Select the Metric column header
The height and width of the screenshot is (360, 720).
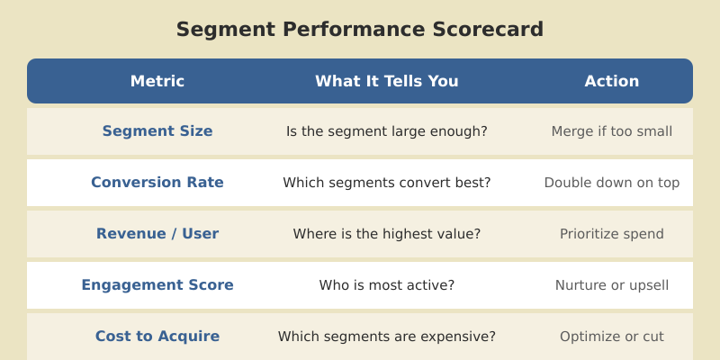[157, 81]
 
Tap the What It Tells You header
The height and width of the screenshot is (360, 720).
[387, 81]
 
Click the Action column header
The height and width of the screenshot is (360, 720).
[612, 81]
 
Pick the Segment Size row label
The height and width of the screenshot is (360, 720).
[157, 131]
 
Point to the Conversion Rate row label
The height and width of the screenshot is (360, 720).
[157, 183]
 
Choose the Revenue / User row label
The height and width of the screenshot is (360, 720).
[157, 234]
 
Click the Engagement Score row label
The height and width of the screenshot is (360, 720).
[157, 285]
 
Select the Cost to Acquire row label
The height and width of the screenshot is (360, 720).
[157, 337]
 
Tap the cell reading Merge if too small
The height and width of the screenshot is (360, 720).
[612, 131]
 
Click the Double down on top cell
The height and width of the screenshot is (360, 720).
[612, 183]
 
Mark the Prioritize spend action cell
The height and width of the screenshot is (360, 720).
[612, 234]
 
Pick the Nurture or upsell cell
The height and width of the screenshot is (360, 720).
[612, 285]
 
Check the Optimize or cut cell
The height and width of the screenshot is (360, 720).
[612, 337]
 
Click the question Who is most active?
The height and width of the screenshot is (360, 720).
[387, 285]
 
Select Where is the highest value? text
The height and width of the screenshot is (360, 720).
[387, 234]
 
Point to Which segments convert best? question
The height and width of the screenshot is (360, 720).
[387, 183]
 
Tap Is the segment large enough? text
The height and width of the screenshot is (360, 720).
[387, 131]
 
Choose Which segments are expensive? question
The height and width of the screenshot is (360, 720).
[387, 337]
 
